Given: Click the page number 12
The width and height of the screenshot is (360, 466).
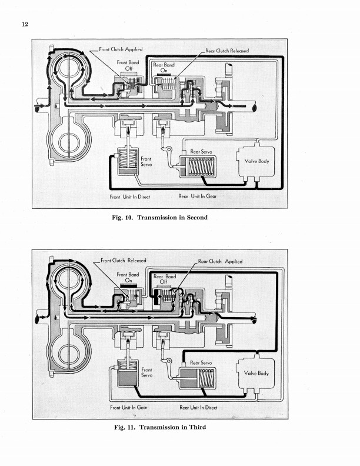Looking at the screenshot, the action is [x=25, y=24].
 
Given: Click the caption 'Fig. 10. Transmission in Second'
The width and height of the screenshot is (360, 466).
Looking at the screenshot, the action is [x=159, y=218].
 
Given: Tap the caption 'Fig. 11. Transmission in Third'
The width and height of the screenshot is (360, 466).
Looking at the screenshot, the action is [x=160, y=427].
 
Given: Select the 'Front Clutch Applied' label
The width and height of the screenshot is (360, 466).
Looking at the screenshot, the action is [x=121, y=49].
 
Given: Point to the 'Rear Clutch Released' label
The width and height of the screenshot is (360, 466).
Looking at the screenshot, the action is [x=227, y=51].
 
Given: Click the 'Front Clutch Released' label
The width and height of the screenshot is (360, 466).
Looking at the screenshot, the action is [x=124, y=261].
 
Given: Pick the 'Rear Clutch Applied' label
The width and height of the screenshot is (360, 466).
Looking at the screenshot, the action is [x=220, y=261].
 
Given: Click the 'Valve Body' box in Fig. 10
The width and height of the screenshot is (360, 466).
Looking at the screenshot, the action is [x=256, y=161].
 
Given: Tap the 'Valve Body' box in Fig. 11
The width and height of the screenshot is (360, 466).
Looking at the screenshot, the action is [x=256, y=373].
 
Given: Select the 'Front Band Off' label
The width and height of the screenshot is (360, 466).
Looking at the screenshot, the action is [x=128, y=65].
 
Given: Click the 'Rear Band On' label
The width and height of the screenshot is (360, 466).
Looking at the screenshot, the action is [x=164, y=68].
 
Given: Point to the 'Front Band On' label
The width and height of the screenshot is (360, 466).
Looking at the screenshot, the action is [x=128, y=278].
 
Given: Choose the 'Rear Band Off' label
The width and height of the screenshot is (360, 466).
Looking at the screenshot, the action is [x=165, y=279].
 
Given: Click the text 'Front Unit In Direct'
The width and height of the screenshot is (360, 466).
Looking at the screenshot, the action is [x=130, y=197].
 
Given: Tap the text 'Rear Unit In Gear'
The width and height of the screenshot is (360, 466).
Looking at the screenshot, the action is [x=197, y=196].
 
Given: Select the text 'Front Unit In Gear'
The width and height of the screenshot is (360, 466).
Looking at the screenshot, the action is [x=129, y=407].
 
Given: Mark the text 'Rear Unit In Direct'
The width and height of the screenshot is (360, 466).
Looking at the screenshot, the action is [x=198, y=407].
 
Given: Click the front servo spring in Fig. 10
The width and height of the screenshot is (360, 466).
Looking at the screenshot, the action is [x=128, y=159].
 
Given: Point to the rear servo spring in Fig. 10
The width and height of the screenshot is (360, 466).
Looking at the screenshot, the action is [x=201, y=167].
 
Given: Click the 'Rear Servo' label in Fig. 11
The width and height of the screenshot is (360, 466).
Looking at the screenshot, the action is [x=201, y=363].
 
